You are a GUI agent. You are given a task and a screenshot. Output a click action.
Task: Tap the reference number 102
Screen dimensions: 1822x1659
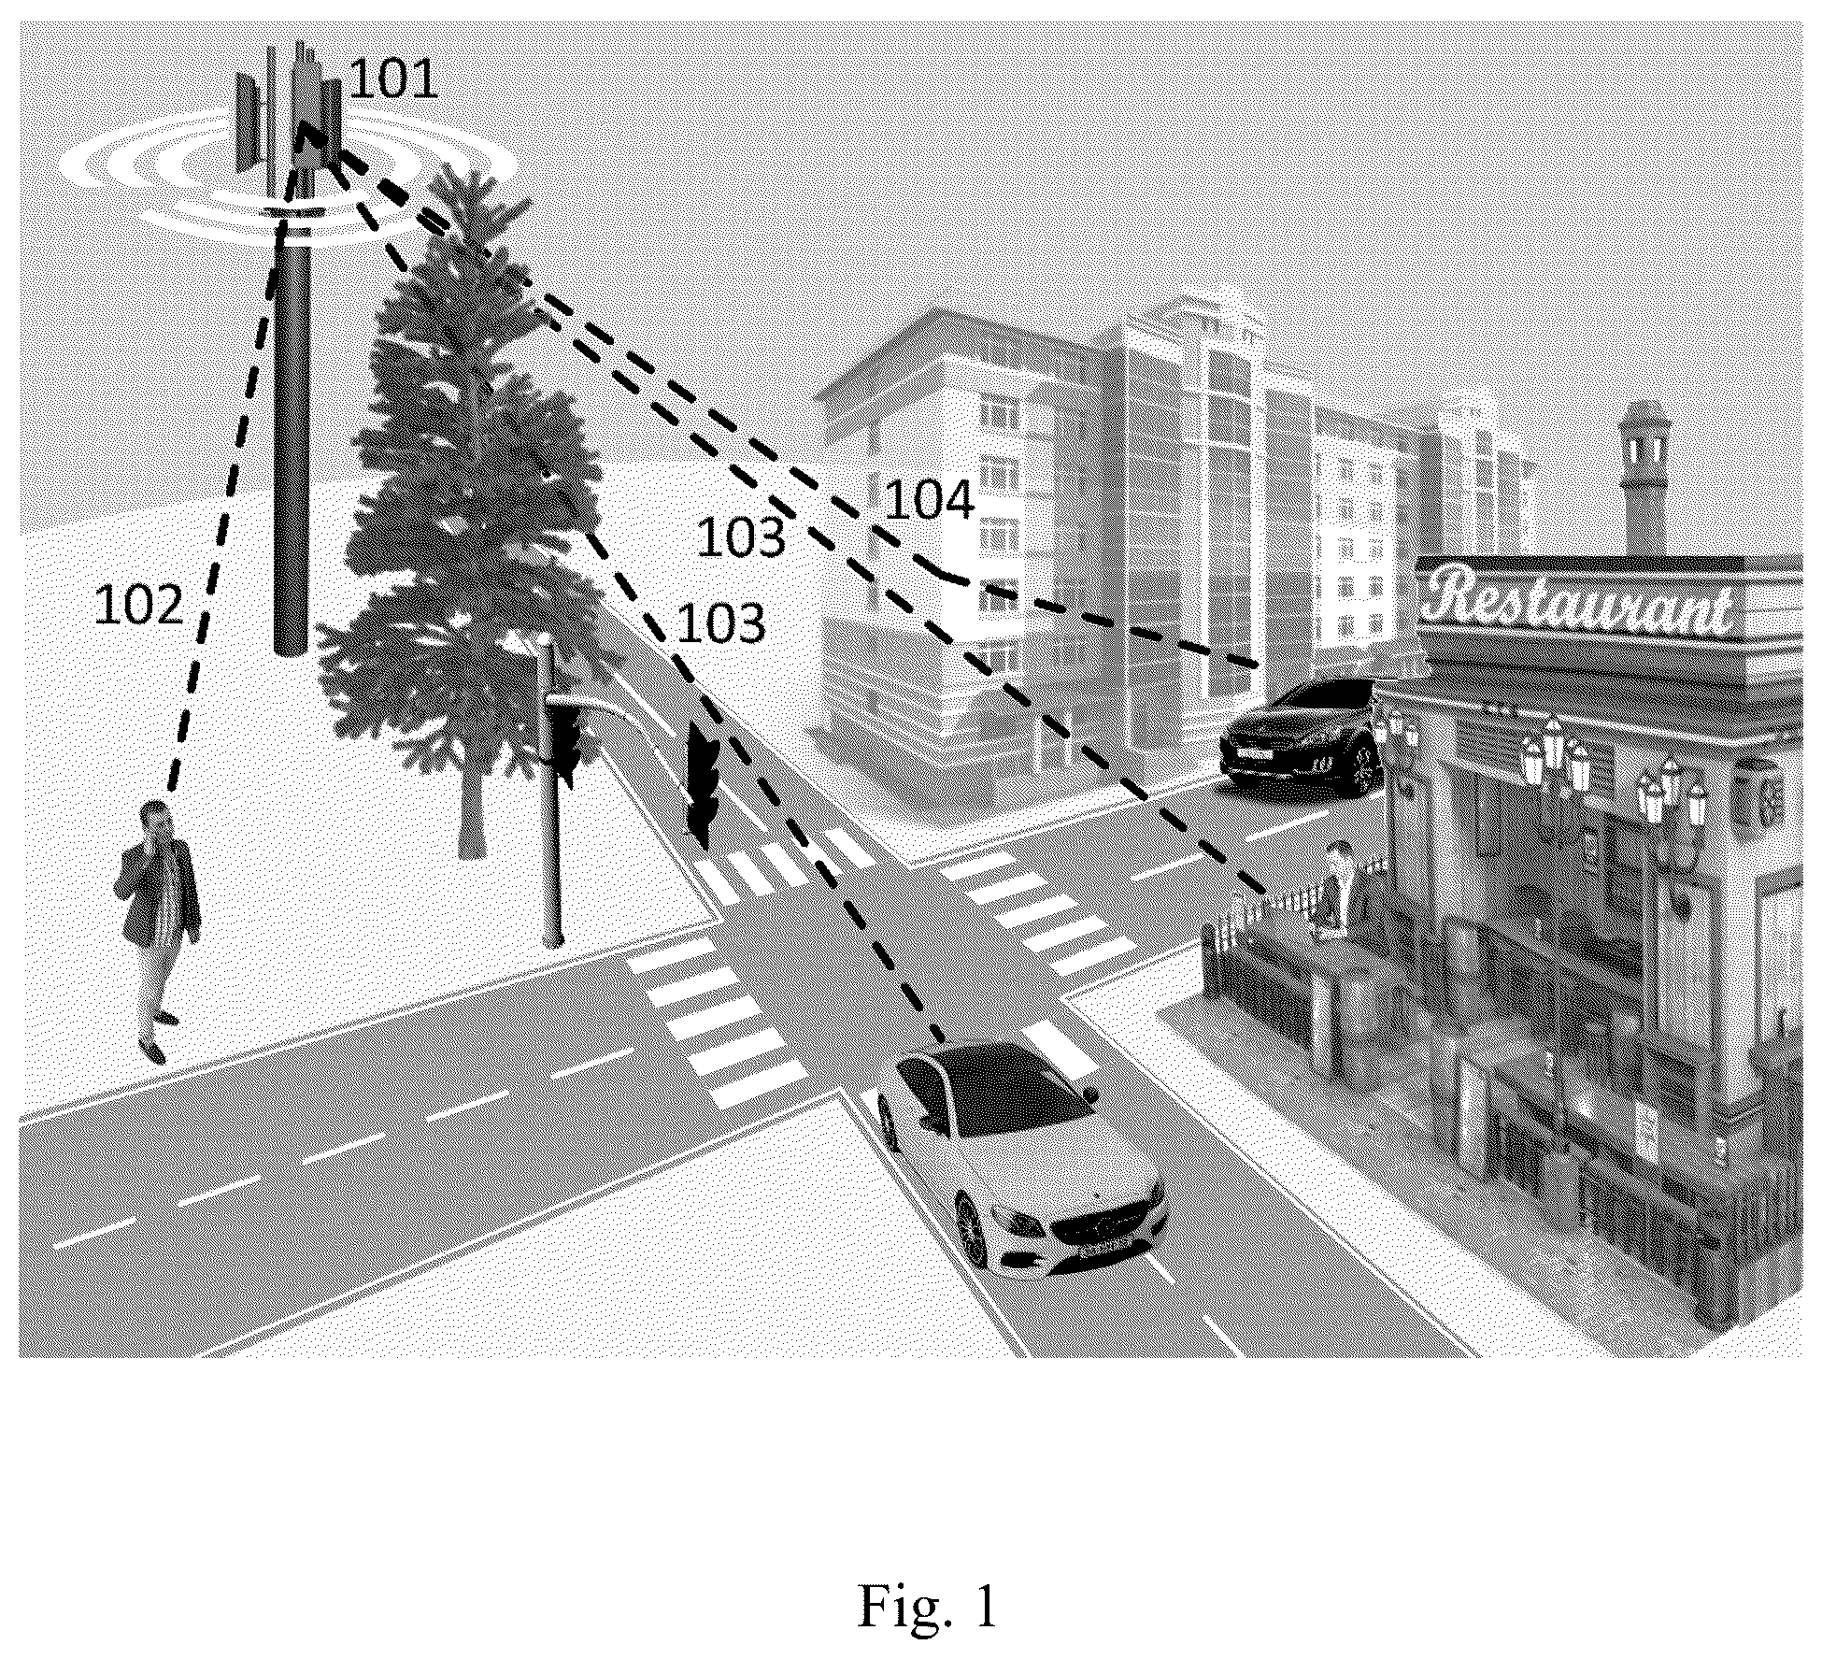tap(139, 605)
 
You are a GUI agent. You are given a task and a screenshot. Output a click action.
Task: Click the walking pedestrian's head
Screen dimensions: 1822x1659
tap(156, 819)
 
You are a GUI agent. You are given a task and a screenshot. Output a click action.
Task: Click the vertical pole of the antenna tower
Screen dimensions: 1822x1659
tap(291, 439)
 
